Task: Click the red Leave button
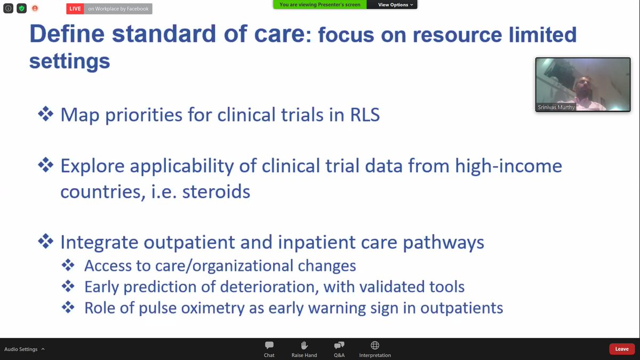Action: (622, 349)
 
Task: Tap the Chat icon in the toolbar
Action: (269, 346)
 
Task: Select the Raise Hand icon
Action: (304, 346)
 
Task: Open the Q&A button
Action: (339, 346)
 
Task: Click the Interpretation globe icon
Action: (375, 346)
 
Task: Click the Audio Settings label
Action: (21, 349)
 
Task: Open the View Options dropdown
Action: (395, 5)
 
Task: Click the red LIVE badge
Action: (75, 9)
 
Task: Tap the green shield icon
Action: (21, 9)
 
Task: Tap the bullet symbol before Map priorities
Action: (45, 114)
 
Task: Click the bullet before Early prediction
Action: (68, 287)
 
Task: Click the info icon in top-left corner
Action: (7, 9)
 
